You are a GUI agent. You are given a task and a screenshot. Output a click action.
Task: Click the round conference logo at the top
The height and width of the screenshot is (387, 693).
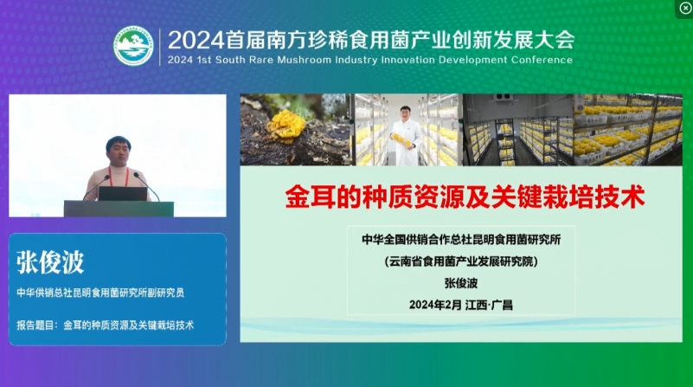[x=133, y=46]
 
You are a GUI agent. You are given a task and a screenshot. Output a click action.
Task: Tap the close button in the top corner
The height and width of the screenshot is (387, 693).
[x=685, y=8]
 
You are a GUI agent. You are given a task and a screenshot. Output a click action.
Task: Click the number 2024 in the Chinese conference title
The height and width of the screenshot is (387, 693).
[x=196, y=40]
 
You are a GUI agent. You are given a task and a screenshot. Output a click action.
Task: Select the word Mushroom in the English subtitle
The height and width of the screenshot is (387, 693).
[x=304, y=60]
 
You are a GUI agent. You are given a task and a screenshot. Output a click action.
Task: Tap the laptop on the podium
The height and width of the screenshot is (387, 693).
[x=123, y=194]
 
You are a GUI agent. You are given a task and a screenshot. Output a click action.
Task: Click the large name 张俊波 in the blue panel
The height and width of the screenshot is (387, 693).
[x=50, y=262]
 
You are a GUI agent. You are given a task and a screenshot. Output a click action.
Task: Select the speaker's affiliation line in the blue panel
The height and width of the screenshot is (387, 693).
[x=100, y=293]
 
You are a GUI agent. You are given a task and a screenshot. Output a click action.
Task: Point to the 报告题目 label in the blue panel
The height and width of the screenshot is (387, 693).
[x=35, y=326]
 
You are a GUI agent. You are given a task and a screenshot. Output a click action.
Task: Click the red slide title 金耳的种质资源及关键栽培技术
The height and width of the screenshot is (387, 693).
[x=465, y=197]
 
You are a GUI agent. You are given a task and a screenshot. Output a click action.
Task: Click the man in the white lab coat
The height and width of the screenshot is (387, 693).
[x=406, y=136]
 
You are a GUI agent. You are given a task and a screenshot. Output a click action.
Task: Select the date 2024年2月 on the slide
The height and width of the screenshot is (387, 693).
[x=435, y=305]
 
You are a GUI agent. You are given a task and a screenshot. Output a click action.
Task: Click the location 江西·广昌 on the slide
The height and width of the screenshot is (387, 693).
[x=489, y=305]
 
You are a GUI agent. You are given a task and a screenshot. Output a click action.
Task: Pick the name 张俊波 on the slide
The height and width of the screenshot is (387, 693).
[x=461, y=283]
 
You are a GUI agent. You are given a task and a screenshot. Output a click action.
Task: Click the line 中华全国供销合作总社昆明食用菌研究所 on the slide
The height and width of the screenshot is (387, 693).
[x=461, y=240]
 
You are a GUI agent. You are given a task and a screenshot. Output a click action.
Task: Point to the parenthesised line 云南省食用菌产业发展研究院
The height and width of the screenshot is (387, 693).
[x=461, y=261]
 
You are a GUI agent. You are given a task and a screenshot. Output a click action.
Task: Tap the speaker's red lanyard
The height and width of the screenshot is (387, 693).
[x=118, y=177]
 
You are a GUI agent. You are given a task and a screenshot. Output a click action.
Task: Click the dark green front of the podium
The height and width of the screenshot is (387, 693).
[x=119, y=209]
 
